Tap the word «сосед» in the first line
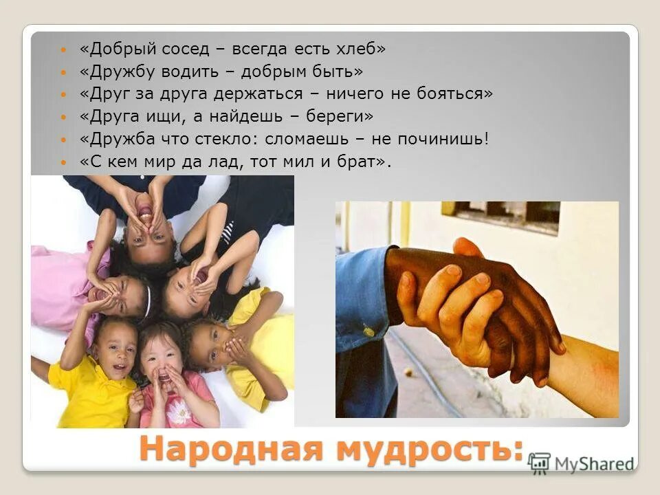coord(184,49)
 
